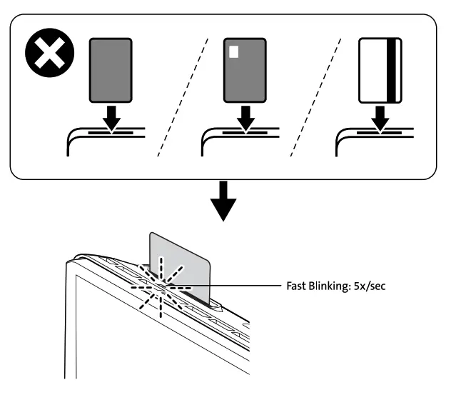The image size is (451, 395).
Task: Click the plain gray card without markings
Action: click(111, 70)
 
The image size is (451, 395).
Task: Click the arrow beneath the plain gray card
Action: click(111, 118)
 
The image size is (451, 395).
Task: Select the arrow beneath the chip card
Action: click(245, 118)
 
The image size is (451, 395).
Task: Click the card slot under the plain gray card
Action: click(111, 132)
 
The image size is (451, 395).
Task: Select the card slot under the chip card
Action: click(245, 132)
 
